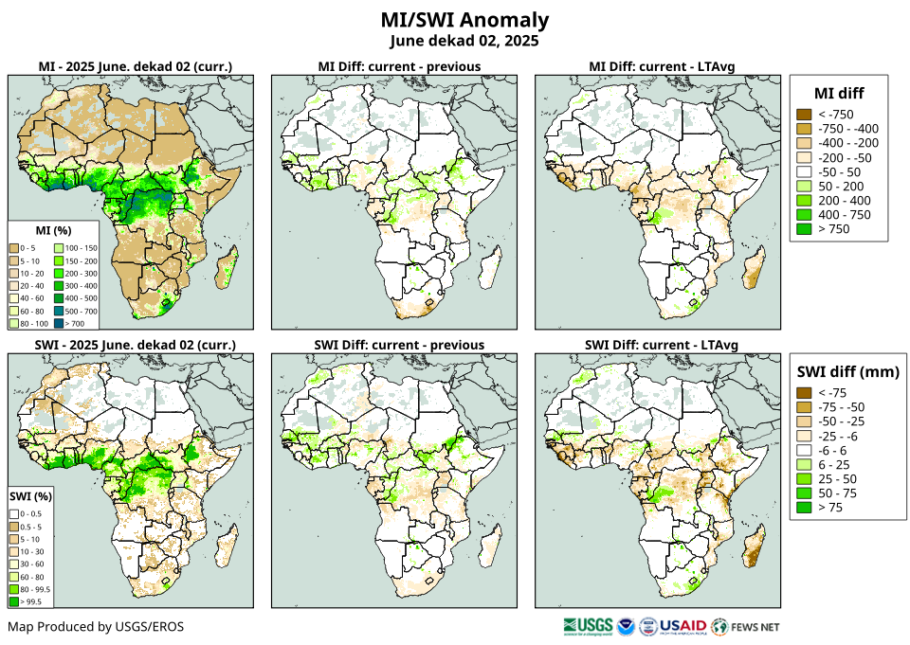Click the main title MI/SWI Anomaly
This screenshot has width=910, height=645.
pos(464,20)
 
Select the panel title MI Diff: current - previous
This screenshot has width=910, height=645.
pos(398,66)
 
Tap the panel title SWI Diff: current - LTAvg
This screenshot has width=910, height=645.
pos(662,344)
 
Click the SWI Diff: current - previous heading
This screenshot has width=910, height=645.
pos(399,344)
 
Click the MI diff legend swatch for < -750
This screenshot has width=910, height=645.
pos(803,114)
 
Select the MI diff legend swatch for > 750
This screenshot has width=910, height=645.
pos(803,229)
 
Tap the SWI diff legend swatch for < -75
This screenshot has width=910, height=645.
pos(803,392)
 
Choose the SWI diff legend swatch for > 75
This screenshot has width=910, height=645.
pos(803,508)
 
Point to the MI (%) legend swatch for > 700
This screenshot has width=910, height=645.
pos(69,323)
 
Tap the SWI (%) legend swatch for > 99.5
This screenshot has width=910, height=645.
pos(15,600)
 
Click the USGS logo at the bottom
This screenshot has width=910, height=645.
pos(587,626)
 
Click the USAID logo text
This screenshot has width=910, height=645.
pos(682,626)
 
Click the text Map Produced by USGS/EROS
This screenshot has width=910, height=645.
pos(96,627)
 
